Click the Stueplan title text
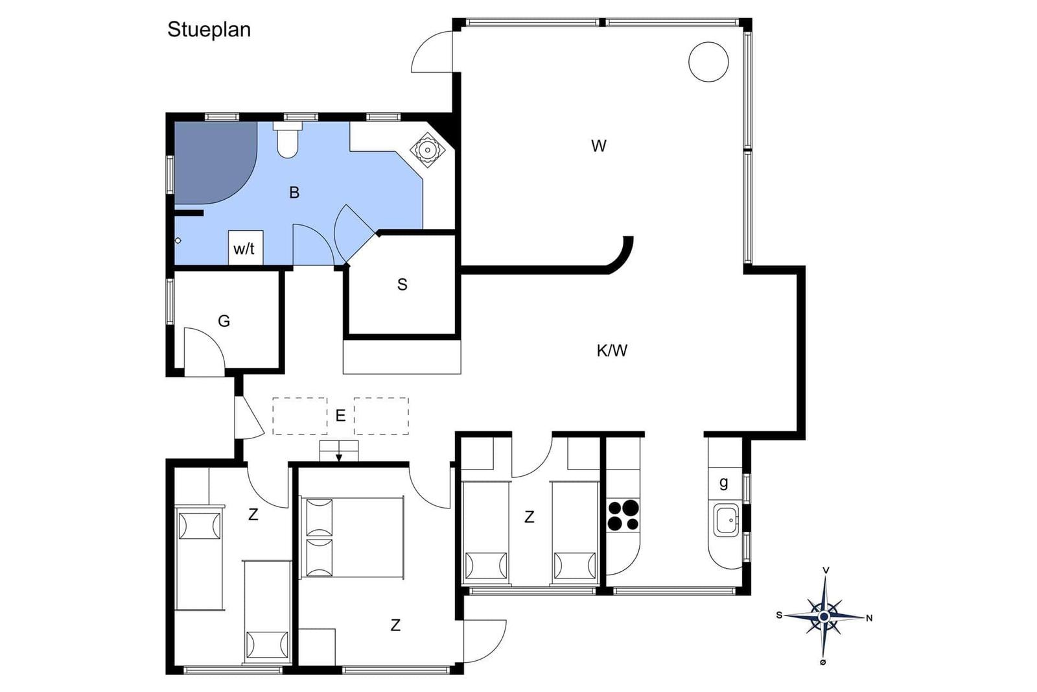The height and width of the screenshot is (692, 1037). tap(209, 30)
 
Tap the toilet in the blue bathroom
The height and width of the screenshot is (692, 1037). tap(287, 140)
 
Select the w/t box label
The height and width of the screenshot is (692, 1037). tap(244, 249)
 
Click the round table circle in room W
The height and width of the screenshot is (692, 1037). tap(708, 62)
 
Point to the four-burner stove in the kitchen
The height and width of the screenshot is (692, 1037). tap(623, 515)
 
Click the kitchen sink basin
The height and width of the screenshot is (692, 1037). tap(725, 520)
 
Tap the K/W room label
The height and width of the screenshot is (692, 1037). tap(612, 351)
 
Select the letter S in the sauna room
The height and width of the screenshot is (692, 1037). tap(402, 285)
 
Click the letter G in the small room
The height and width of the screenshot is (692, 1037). tap(224, 320)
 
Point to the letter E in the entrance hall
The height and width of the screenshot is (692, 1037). tap(340, 416)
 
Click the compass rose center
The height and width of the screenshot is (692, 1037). tap(824, 617)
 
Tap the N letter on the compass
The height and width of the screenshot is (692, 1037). tap(869, 618)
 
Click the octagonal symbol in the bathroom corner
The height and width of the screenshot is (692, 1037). tap(427, 150)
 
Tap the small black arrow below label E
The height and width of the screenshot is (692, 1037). tap(339, 457)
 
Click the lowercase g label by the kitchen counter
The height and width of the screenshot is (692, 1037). tap(723, 483)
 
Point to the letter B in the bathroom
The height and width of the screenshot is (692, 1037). tap(294, 192)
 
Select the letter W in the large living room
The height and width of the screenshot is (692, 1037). tap(599, 146)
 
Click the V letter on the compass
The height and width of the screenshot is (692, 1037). tap(826, 570)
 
